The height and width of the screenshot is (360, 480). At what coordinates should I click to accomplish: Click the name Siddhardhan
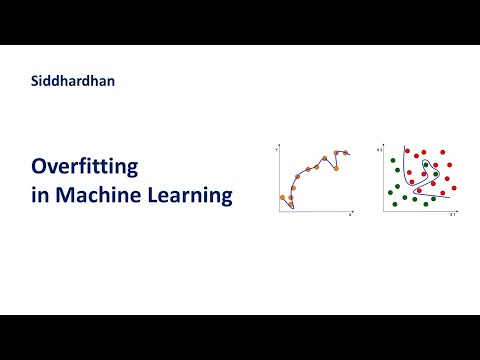(x=72, y=82)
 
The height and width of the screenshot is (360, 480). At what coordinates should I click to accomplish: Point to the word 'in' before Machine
(x=39, y=194)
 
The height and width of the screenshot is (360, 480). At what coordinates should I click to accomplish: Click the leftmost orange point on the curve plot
(x=283, y=198)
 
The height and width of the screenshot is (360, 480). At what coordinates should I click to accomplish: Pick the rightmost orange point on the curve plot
(x=347, y=153)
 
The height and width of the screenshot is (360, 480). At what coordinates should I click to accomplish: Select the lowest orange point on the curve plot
(x=291, y=206)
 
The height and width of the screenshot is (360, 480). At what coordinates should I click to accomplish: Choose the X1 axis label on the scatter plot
(x=452, y=214)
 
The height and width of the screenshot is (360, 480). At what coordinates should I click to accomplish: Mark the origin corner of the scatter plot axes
(x=385, y=210)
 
